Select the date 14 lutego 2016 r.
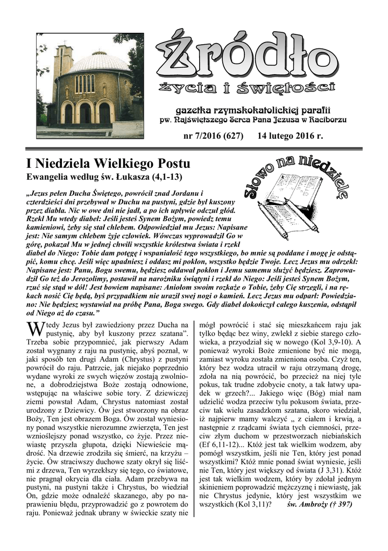click(x=291, y=137)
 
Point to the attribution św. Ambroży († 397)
click(x=320, y=505)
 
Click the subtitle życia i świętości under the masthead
click(x=247, y=88)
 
